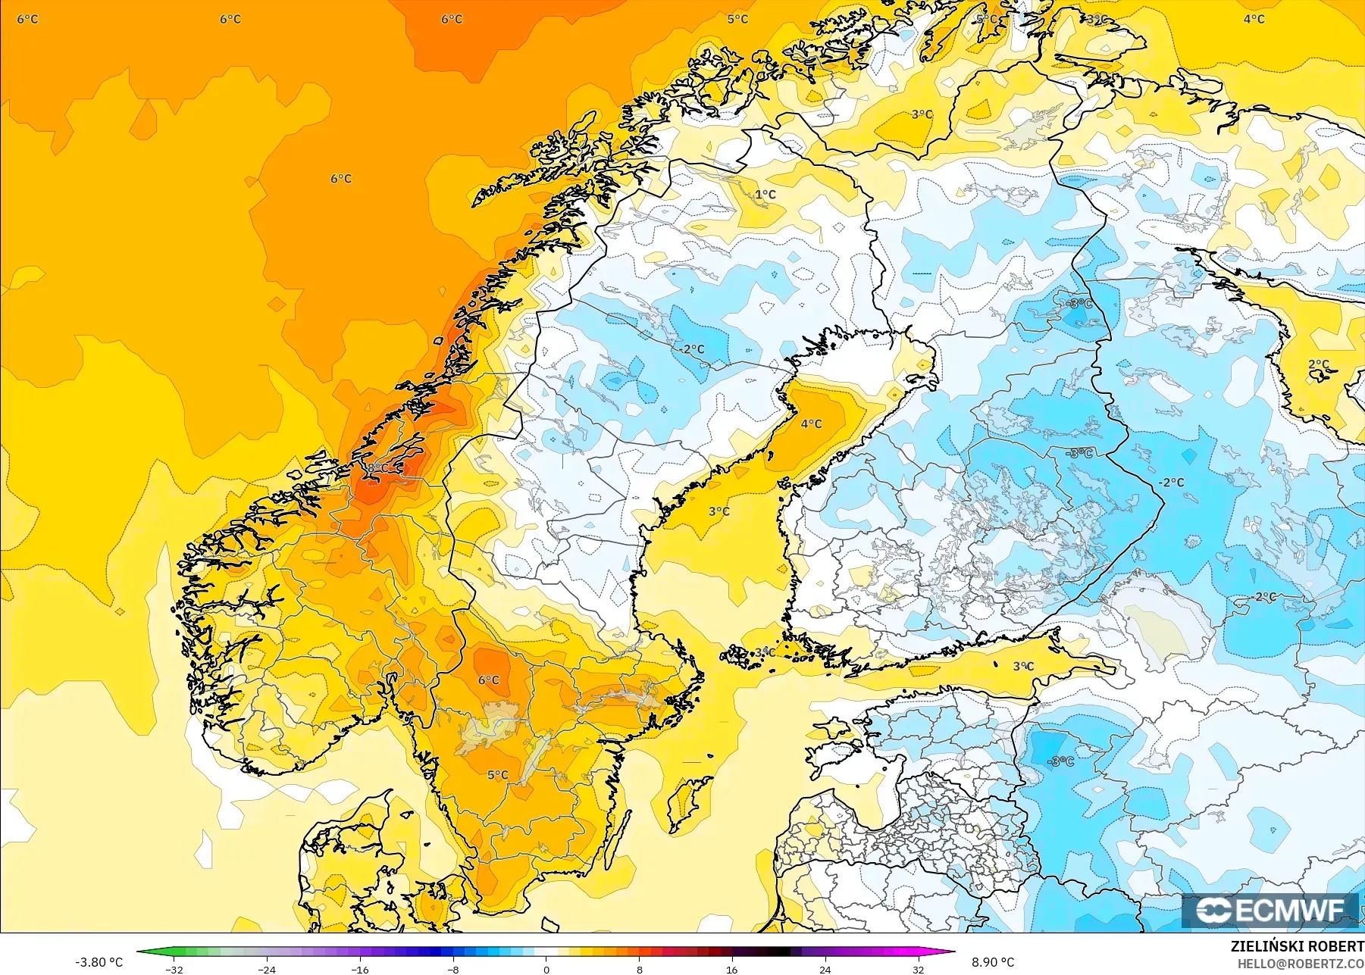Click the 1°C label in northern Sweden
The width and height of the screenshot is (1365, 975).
765,195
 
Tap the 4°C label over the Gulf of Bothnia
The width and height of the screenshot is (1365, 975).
811,423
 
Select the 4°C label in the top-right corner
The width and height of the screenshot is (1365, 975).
1254,19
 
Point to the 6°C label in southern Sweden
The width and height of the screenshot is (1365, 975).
489,680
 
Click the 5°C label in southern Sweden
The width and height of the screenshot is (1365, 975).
498,775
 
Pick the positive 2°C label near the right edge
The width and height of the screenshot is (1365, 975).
1319,364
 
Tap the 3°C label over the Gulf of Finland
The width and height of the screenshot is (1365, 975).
1023,667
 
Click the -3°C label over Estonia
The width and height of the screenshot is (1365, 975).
1060,761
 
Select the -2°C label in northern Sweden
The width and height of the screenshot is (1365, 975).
692,349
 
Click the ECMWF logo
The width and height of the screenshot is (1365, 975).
1270,911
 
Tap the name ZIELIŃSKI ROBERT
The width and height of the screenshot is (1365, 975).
1297,946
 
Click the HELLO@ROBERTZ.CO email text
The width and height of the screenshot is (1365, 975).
1301,964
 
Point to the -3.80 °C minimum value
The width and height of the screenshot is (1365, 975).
99,962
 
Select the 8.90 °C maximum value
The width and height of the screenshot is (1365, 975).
993,962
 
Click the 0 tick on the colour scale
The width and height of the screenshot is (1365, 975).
546,970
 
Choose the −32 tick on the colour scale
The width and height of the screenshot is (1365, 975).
174,970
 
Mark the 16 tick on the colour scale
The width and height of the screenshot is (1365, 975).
731,970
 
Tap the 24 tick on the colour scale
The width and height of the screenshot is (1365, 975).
825,970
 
